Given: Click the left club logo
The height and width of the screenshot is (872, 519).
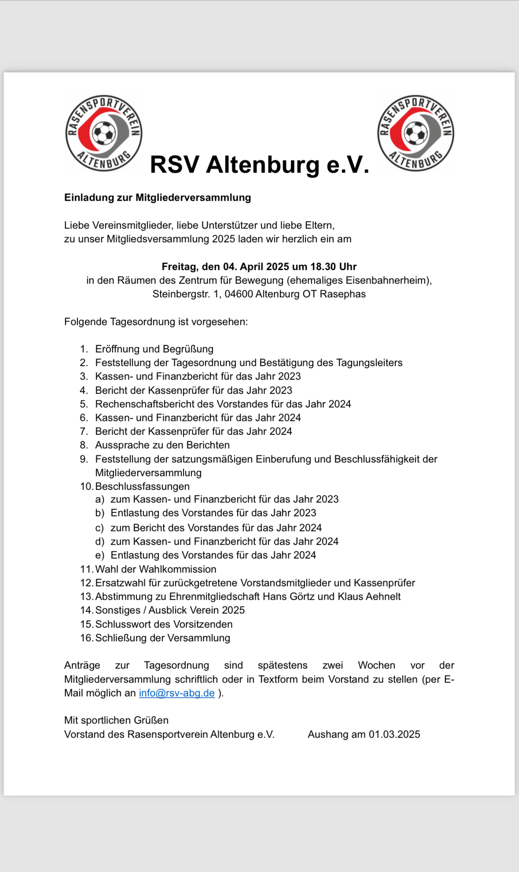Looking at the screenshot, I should tap(104, 133).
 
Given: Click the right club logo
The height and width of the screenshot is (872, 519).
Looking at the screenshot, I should tap(416, 133).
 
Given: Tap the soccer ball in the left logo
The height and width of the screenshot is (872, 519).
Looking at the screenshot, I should tap(104, 133).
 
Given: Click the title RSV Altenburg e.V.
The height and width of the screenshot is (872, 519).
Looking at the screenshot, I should tap(259, 165).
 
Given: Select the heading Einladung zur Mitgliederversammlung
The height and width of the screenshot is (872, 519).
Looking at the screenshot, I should tap(158, 198).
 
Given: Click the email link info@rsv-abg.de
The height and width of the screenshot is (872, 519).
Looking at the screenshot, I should tap(177, 693).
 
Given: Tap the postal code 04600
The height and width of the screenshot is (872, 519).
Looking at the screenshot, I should tap(239, 294).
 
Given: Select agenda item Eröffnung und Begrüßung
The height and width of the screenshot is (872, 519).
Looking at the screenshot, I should tap(154, 349).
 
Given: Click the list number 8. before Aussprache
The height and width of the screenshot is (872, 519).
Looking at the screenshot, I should tap(84, 445).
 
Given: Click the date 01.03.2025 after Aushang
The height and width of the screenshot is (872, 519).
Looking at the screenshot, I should tap(394, 735).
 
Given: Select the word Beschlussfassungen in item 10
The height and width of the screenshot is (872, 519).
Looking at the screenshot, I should tap(142, 487).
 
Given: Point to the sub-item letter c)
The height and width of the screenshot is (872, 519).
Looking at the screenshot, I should tap(99, 528).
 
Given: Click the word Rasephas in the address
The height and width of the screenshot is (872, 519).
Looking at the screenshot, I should tap(342, 294).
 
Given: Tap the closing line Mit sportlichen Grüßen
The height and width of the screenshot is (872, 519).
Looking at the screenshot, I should tap(116, 721).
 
